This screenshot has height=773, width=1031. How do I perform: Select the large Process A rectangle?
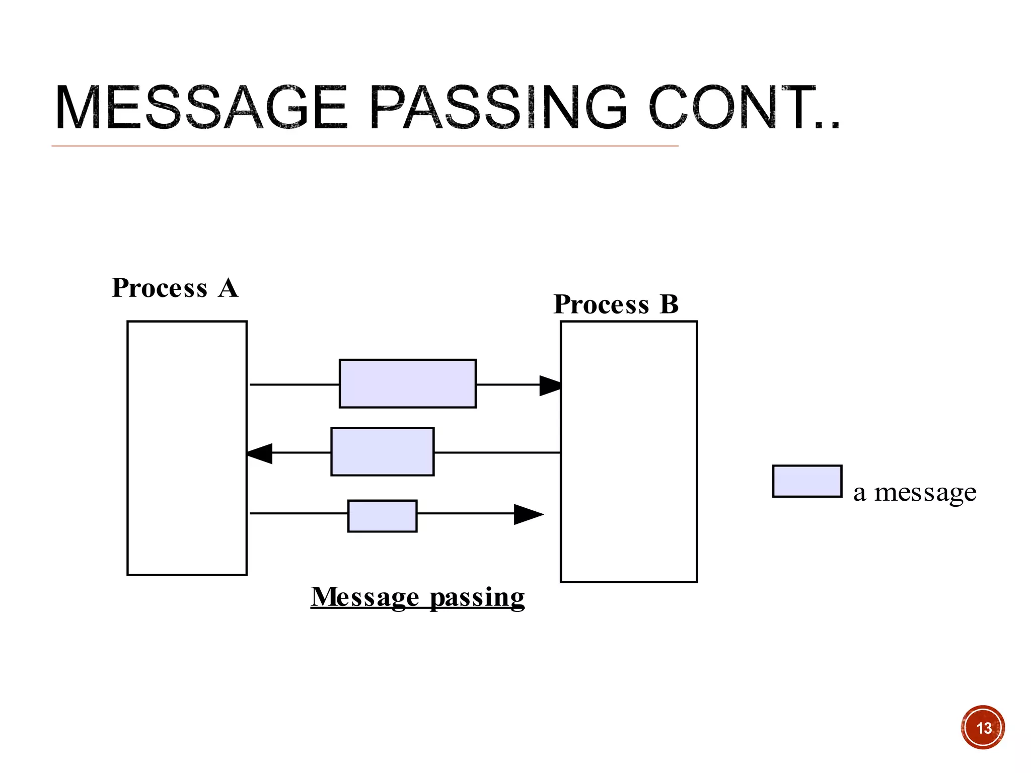coord(187,448)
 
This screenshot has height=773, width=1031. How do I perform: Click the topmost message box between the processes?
coord(407,383)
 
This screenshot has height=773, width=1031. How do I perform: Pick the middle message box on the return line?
coord(382,451)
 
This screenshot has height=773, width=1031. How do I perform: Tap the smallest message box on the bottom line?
coord(382,516)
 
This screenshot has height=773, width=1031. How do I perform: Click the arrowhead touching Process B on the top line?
coord(550,385)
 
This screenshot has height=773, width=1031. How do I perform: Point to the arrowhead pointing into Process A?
coord(260,453)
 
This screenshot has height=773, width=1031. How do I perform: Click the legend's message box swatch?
coord(807,481)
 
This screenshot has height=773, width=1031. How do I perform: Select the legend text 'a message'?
coord(915,492)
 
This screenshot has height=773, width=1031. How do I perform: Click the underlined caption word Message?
coord(365,597)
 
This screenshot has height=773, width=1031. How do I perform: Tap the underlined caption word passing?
coord(477,598)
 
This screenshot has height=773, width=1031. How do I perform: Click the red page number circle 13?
coord(983,728)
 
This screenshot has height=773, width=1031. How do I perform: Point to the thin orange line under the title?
coord(365,146)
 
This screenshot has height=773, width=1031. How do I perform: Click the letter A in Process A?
coord(228,288)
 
